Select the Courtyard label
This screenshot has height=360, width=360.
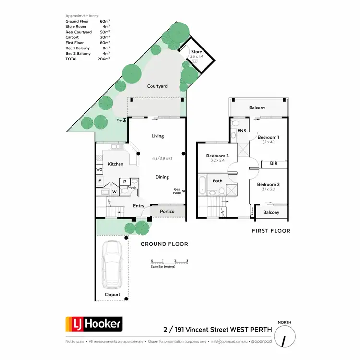(157, 86)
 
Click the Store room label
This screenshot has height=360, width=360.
(197, 52)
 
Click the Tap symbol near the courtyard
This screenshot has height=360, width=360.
(125, 120)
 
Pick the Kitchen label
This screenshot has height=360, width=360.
(115, 164)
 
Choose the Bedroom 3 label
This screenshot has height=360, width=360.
(217, 156)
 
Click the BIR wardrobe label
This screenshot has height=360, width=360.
(274, 164)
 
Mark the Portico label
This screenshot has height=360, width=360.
(167, 211)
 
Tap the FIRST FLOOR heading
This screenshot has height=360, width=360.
(271, 231)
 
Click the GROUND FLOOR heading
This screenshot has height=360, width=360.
(164, 244)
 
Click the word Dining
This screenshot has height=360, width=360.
(162, 177)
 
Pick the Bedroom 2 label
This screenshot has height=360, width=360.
(268, 185)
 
